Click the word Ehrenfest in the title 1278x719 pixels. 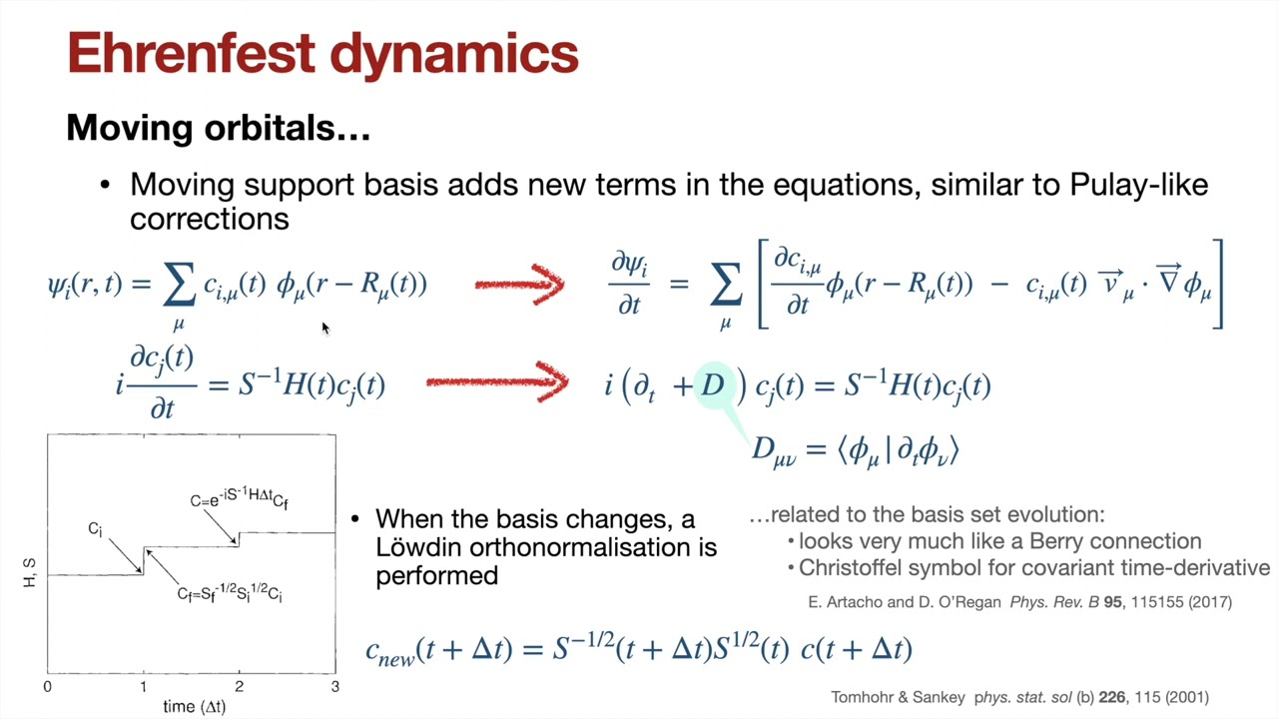[191, 53]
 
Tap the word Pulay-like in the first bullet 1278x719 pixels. [1139, 186]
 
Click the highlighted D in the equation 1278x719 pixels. [713, 385]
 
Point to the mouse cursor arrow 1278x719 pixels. [325, 329]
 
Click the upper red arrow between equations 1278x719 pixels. [520, 285]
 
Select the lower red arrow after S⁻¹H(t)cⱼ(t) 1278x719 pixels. [497, 381]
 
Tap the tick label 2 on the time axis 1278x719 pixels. [239, 686]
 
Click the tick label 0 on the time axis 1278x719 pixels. [47, 686]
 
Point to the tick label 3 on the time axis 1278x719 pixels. [334, 686]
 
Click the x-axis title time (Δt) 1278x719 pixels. [195, 706]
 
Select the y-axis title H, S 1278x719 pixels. [29, 573]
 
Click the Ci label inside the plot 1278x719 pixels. [95, 529]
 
